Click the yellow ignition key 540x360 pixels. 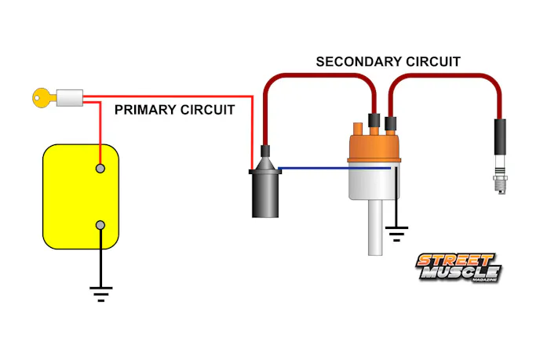click(43, 98)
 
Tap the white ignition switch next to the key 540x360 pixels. click(71, 98)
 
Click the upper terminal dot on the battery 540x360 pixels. click(100, 168)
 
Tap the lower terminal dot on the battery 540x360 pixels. click(100, 226)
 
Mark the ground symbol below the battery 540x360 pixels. click(100, 293)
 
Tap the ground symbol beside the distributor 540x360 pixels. click(397, 232)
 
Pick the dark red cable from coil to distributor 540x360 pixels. click(314, 75)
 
